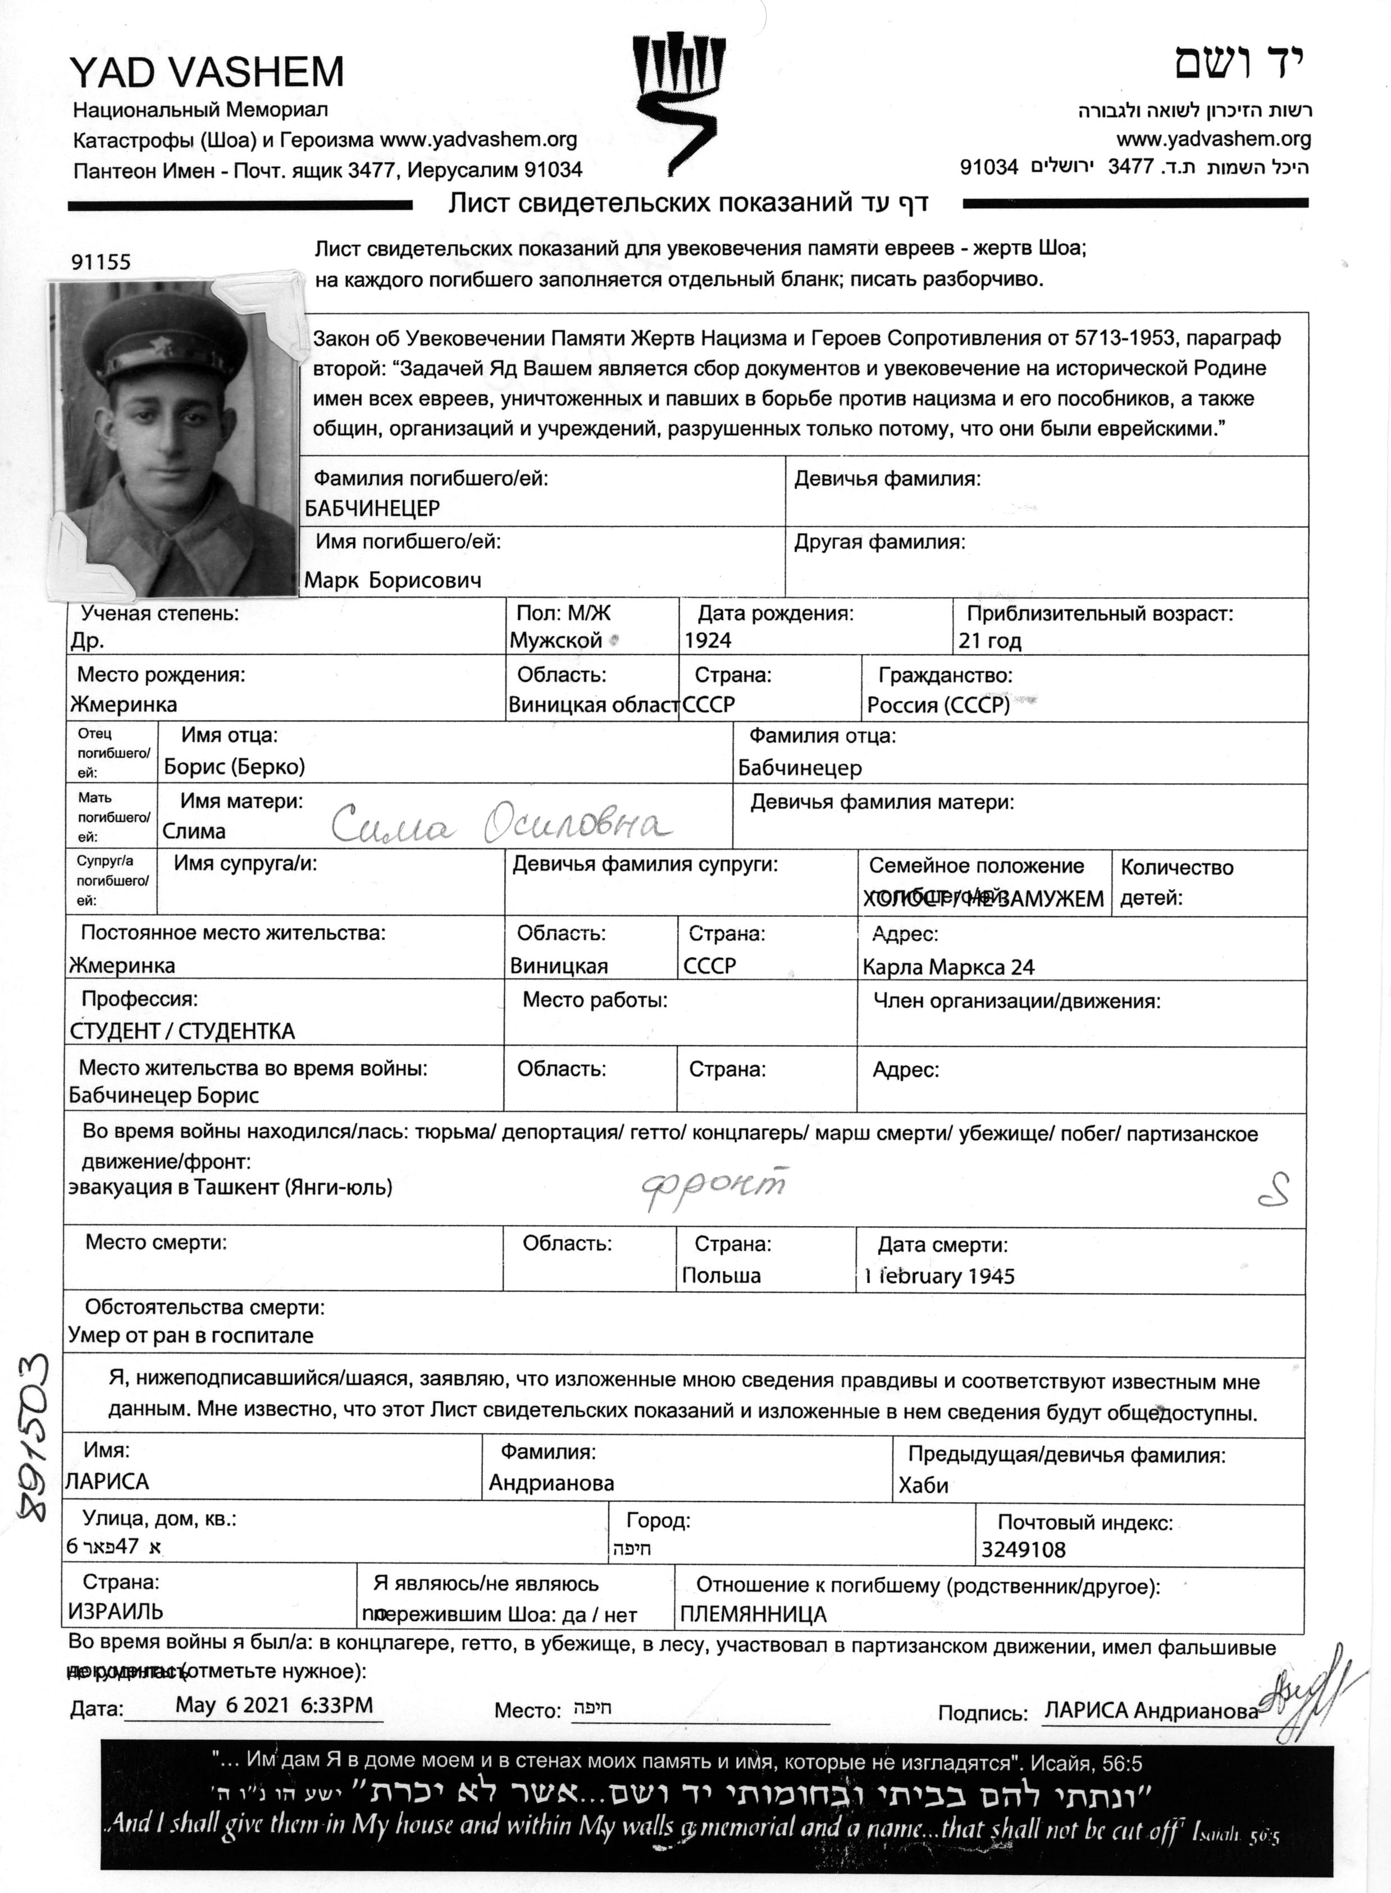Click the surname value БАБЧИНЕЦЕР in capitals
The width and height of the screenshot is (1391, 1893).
(x=372, y=509)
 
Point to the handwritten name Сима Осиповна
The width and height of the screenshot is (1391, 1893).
(x=500, y=825)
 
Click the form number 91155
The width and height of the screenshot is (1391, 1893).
(x=101, y=262)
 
